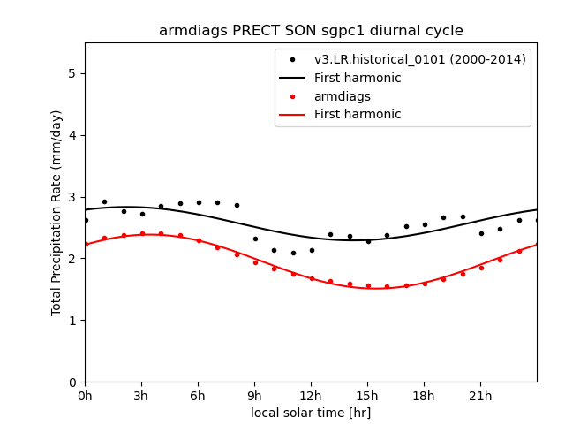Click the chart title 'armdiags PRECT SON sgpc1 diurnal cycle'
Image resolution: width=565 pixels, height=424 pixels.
point(311,31)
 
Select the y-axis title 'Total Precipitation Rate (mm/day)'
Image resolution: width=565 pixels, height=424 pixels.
point(56,212)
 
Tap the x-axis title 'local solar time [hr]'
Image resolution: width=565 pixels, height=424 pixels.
point(311,413)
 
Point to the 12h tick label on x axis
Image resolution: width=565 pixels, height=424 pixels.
point(311,395)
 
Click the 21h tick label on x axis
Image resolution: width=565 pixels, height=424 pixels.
point(480,395)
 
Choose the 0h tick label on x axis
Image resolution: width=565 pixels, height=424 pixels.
point(85,395)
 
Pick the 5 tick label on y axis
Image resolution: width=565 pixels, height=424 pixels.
point(72,73)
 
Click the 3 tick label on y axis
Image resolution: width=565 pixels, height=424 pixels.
point(72,197)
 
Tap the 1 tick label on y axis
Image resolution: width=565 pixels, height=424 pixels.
point(72,320)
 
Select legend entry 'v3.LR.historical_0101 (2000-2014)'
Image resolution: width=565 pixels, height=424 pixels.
point(420,60)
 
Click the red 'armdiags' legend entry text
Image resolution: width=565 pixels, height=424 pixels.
point(343,96)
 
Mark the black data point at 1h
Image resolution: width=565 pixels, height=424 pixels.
point(104,201)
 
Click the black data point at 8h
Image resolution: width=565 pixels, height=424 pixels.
point(237,205)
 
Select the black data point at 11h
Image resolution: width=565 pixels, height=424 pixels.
point(293,253)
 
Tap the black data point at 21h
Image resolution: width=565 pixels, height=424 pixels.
point(481,233)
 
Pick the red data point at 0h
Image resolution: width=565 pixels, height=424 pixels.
point(86,245)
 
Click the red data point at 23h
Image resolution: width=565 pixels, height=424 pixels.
point(519,251)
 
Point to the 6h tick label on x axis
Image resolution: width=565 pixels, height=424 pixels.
point(198,395)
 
